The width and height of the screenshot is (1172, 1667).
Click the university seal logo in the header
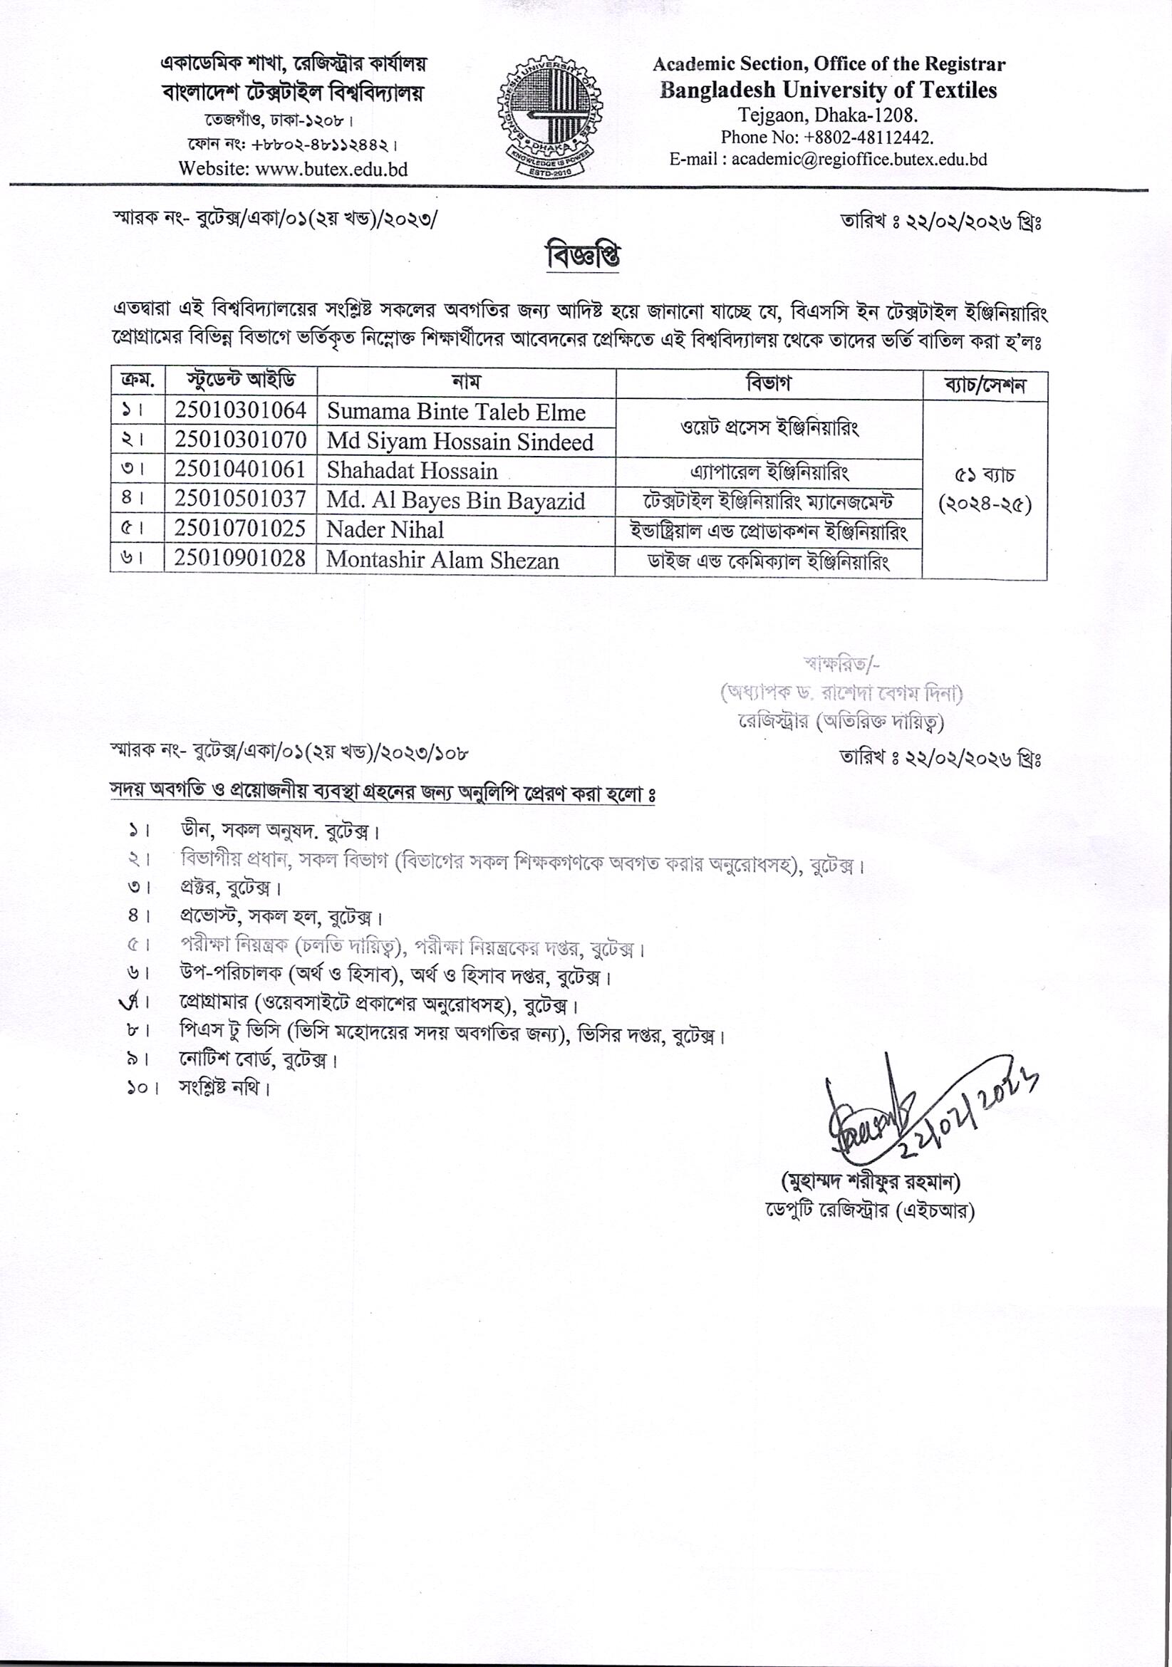(549, 117)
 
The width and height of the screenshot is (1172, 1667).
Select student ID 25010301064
(240, 411)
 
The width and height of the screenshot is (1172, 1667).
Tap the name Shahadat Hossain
(412, 470)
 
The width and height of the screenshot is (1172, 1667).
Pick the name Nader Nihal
(385, 530)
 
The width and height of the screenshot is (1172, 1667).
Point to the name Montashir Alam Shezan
(442, 561)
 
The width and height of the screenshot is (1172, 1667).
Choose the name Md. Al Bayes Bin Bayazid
(455, 501)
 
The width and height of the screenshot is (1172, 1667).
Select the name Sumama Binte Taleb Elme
(456, 412)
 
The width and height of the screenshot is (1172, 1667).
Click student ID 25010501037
(239, 499)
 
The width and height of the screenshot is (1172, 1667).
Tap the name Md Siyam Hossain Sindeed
(460, 442)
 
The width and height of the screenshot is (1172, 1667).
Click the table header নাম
(465, 382)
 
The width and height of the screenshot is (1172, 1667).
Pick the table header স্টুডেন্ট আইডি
(240, 380)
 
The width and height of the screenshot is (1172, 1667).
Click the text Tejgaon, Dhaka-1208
(828, 115)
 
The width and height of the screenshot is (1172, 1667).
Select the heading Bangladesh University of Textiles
(828, 90)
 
